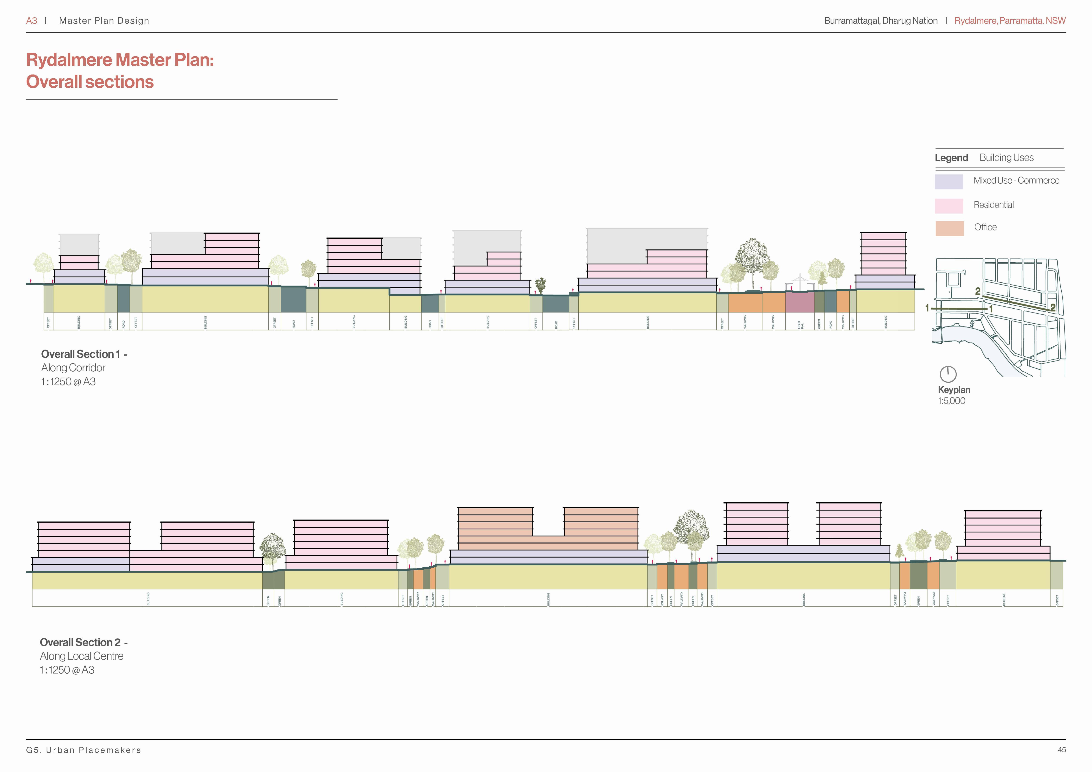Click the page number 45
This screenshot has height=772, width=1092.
pyautogui.click(x=1062, y=750)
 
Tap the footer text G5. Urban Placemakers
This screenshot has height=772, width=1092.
pyautogui.click(x=84, y=750)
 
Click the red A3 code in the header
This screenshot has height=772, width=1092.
pyautogui.click(x=31, y=20)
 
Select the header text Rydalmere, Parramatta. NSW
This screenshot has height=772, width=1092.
pyautogui.click(x=1010, y=20)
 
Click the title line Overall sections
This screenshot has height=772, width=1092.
pyautogui.click(x=90, y=82)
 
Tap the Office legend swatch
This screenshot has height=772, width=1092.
pyautogui.click(x=949, y=228)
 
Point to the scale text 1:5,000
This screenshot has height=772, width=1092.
pyautogui.click(x=951, y=400)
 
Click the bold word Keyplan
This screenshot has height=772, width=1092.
pyautogui.click(x=954, y=390)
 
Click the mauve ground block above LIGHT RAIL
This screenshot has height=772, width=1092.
pyautogui.click(x=799, y=302)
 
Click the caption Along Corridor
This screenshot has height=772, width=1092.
pyautogui.click(x=73, y=368)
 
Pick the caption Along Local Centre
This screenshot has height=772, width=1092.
pyautogui.click(x=81, y=656)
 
